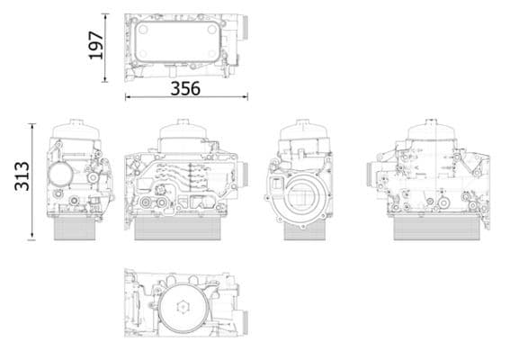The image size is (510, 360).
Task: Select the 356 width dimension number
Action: pyautogui.click(x=185, y=88)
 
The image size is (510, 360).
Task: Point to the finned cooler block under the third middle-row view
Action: pyautogui.click(x=303, y=229)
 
